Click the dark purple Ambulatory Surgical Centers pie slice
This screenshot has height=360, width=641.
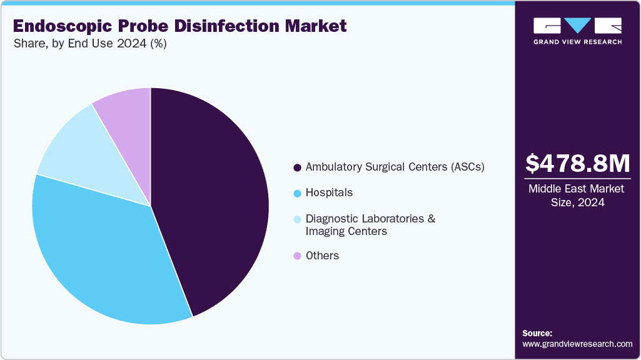click(x=213, y=200)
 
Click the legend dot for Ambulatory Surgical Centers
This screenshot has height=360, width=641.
click(x=297, y=167)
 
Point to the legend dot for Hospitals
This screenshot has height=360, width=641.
click(x=297, y=193)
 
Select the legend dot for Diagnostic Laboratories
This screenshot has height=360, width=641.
click(x=297, y=219)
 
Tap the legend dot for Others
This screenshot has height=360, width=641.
click(x=297, y=256)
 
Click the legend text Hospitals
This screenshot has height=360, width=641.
click(x=329, y=192)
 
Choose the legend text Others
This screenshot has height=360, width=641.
click(x=322, y=256)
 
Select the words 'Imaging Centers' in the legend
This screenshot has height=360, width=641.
click(x=346, y=231)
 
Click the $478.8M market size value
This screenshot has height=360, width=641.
click(x=577, y=163)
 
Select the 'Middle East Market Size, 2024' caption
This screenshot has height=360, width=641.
click(x=577, y=195)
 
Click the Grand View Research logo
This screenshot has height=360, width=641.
click(x=577, y=31)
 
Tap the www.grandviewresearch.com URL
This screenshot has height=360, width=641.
click(x=577, y=344)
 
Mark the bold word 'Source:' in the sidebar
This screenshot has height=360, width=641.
click(x=537, y=333)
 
